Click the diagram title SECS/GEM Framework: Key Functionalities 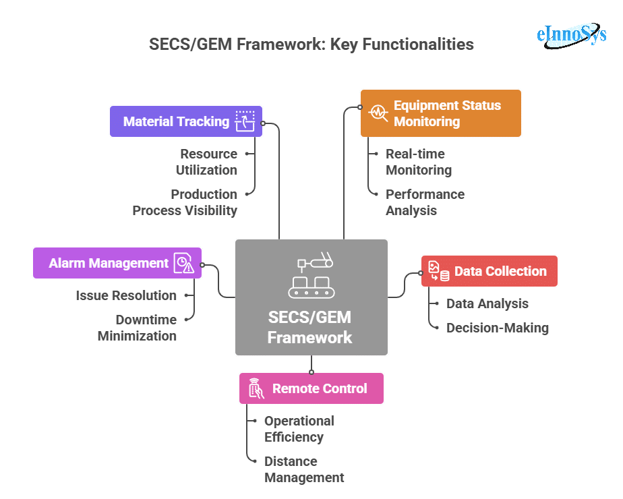311,45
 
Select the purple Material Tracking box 177,121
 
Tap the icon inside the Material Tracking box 245,121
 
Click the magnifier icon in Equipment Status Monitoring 378,113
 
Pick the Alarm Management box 109,263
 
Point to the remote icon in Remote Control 256,388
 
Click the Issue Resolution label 126,295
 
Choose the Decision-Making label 498,328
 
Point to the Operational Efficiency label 299,429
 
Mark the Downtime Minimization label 138,328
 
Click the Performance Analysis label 425,202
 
